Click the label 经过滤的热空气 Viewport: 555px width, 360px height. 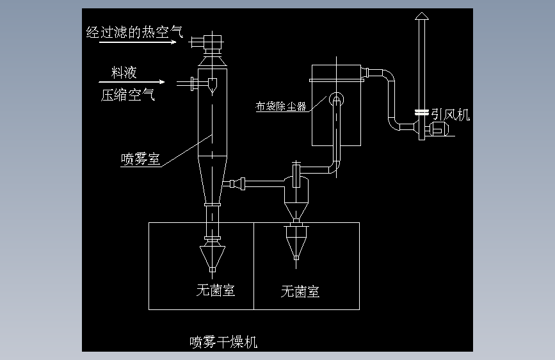tap(134, 32)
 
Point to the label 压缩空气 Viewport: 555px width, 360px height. tap(127, 96)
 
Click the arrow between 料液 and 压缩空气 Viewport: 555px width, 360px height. tap(132, 83)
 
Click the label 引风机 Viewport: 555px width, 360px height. tap(450, 115)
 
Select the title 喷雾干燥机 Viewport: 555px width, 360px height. tap(223, 341)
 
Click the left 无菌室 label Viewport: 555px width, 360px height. tap(215, 291)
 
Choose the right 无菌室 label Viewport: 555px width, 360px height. tap(300, 292)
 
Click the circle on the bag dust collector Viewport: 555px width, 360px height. tap(336, 99)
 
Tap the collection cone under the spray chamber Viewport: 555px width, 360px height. tap(212, 255)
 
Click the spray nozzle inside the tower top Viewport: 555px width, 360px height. tap(212, 84)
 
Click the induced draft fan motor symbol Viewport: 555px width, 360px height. tap(438, 129)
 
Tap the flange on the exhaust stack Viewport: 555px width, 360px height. tap(421, 112)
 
